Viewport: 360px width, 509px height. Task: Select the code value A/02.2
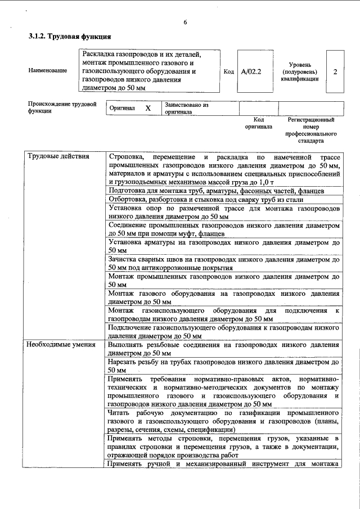click(251, 72)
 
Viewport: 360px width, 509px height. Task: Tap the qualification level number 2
click(335, 72)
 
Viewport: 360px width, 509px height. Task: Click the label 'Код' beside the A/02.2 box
click(228, 72)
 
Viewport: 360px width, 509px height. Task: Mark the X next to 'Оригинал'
click(148, 108)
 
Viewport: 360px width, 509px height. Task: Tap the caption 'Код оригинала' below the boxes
click(259, 123)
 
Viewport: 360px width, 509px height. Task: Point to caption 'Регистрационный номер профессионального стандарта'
click(310, 130)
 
